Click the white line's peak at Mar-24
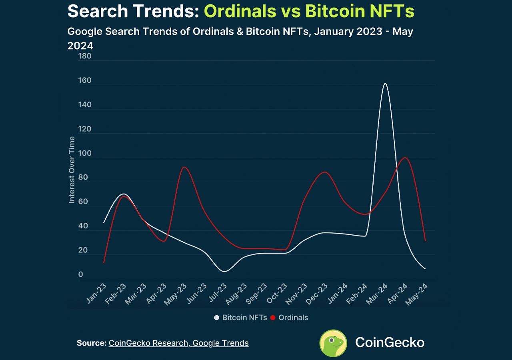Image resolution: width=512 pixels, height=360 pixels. [x=385, y=84]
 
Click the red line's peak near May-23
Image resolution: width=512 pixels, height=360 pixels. [x=184, y=167]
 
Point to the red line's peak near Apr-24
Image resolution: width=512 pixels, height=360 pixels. [x=406, y=158]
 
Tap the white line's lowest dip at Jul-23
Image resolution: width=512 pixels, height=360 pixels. [x=224, y=271]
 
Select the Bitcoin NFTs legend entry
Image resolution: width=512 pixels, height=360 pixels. [x=240, y=318]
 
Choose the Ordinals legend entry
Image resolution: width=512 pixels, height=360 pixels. [x=290, y=318]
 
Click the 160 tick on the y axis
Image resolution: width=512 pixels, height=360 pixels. [x=85, y=81]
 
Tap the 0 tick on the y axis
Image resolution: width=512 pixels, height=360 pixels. [x=81, y=275]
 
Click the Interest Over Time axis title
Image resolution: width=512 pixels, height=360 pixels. [x=72, y=170]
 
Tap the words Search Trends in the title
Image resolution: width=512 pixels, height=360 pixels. [x=133, y=11]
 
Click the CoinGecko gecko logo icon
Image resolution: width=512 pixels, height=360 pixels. [x=333, y=343]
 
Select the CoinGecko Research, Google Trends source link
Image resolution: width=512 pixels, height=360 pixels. [x=178, y=343]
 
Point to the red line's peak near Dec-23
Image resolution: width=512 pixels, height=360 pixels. [x=325, y=172]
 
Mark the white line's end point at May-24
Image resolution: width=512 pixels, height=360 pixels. [x=425, y=269]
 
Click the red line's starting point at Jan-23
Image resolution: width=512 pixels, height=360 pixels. [x=104, y=262]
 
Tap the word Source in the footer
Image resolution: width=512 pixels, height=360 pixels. [x=91, y=343]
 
